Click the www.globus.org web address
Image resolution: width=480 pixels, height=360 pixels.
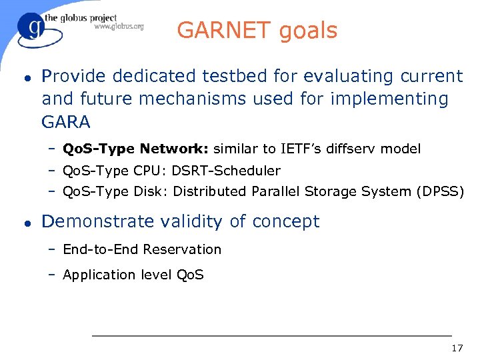(119, 27)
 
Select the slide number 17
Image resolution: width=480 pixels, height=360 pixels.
(457, 348)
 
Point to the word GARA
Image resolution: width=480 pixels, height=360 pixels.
(66, 122)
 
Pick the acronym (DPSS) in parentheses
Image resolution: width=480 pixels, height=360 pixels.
(440, 192)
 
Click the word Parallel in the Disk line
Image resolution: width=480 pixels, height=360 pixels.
(275, 192)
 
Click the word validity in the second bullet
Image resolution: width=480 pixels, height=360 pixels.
(193, 221)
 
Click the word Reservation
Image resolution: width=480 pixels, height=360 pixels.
(182, 249)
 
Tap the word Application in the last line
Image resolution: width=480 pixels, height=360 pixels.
(99, 275)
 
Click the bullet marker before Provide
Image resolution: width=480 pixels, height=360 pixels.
(25, 77)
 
